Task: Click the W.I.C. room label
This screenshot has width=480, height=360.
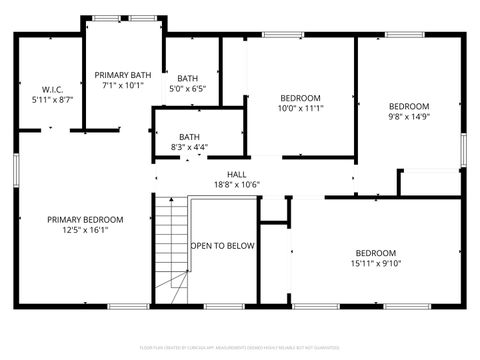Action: pos(53,89)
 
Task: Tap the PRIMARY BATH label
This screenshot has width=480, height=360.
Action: pos(124,75)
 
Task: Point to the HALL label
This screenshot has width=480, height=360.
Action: pos(236,174)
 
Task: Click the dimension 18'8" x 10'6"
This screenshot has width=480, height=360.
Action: pos(236,185)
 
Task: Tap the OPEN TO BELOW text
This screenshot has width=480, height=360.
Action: pos(223,245)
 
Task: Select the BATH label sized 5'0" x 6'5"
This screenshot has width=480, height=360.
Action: pos(188,78)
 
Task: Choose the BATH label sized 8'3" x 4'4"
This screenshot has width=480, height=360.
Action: pos(189,137)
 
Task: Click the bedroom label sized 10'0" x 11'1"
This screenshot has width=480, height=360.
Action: pos(299,97)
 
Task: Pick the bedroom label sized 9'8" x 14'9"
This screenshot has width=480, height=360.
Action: pos(408,106)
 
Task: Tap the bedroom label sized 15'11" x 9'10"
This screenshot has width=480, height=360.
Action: pos(375,253)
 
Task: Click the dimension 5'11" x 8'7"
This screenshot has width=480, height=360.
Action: pos(53,100)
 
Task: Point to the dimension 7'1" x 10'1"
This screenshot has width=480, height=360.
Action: pos(124,86)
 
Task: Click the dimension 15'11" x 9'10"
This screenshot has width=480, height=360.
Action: pos(375,264)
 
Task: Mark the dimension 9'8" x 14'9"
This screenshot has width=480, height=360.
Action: pos(408,117)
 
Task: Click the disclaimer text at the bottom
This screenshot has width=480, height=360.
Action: pos(240,347)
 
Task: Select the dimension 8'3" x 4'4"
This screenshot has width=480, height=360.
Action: pos(189,148)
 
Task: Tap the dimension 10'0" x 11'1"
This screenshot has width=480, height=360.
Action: pos(299,108)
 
